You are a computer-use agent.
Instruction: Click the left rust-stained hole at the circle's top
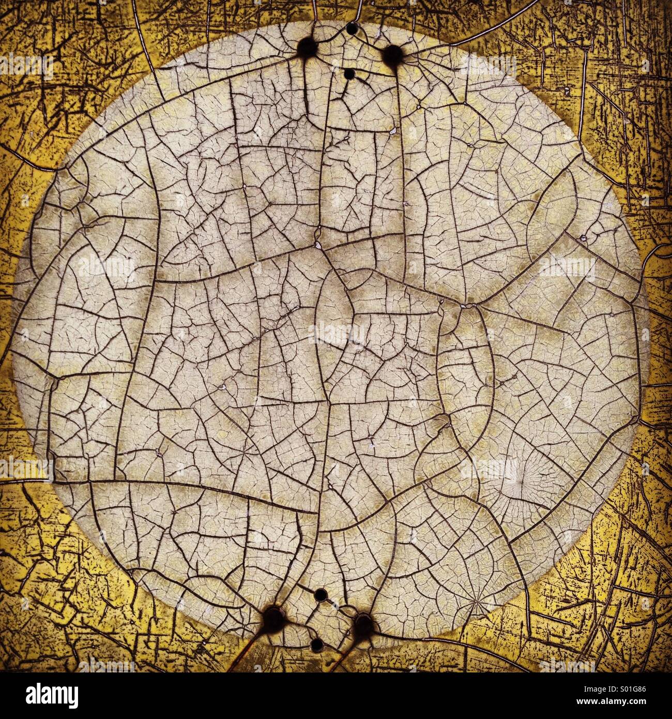coord(308,49)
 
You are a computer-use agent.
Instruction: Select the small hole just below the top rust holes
coord(349,74)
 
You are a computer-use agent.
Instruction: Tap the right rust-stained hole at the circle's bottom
coord(363,625)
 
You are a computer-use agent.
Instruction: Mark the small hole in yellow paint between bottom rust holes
coord(317,645)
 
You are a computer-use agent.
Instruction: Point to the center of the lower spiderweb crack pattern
coord(477,599)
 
